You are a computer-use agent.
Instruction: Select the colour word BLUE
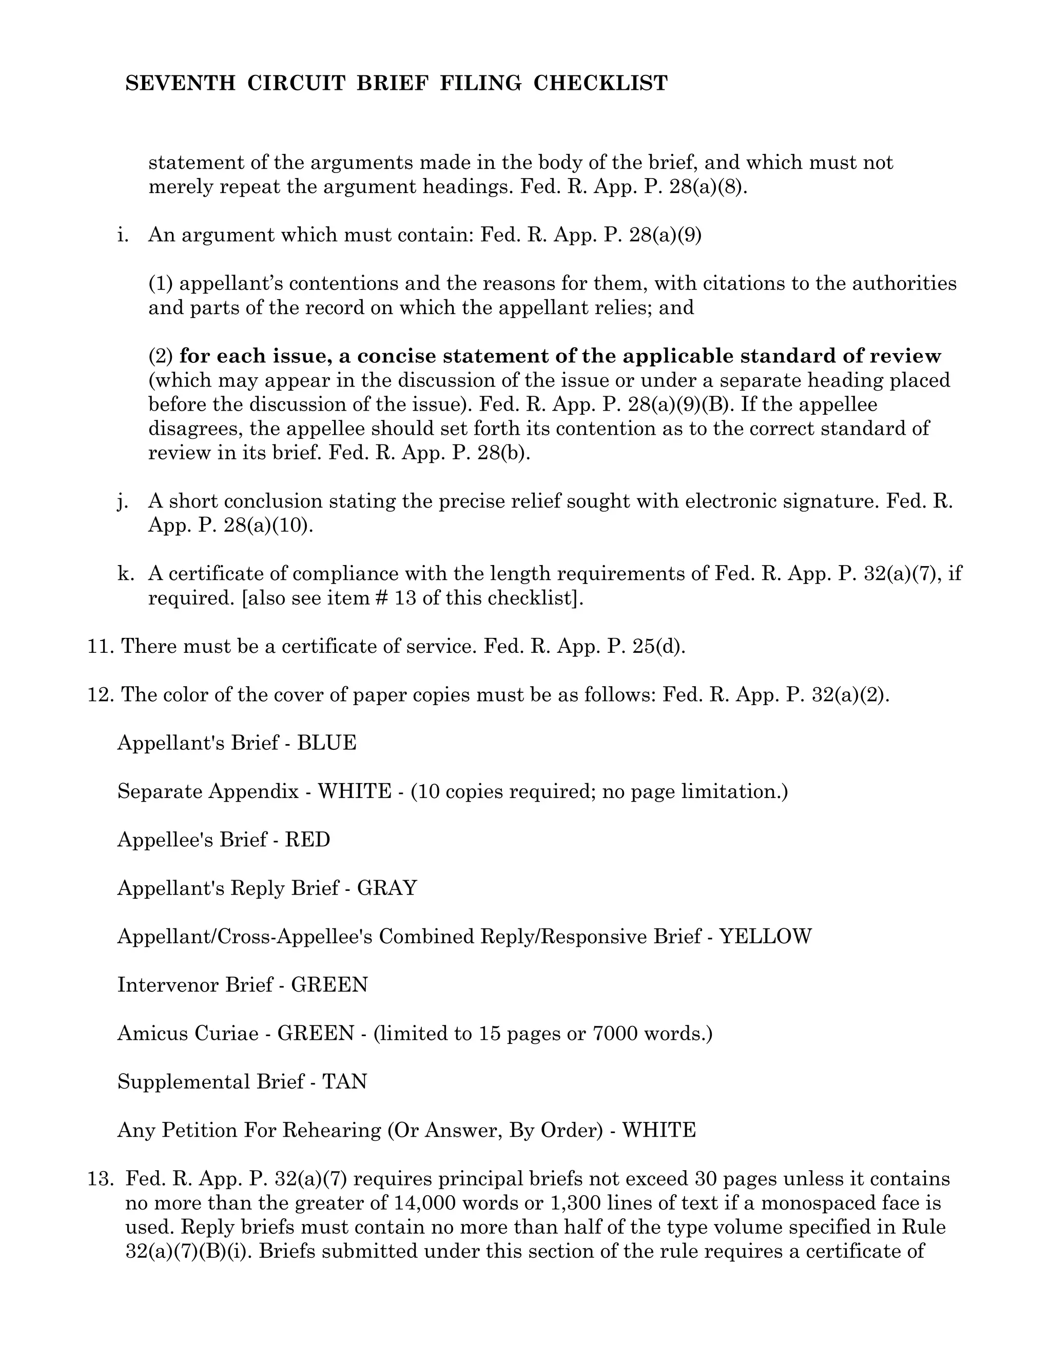327,743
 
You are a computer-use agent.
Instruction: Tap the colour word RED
307,840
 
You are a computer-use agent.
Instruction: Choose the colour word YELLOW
766,936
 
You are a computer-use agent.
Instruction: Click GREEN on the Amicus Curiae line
316,1033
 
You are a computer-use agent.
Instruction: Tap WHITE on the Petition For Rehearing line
659,1130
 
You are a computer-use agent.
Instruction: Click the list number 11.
100,646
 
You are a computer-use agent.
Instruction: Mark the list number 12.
100,694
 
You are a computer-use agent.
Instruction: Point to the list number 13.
100,1179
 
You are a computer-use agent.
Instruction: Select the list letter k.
125,574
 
